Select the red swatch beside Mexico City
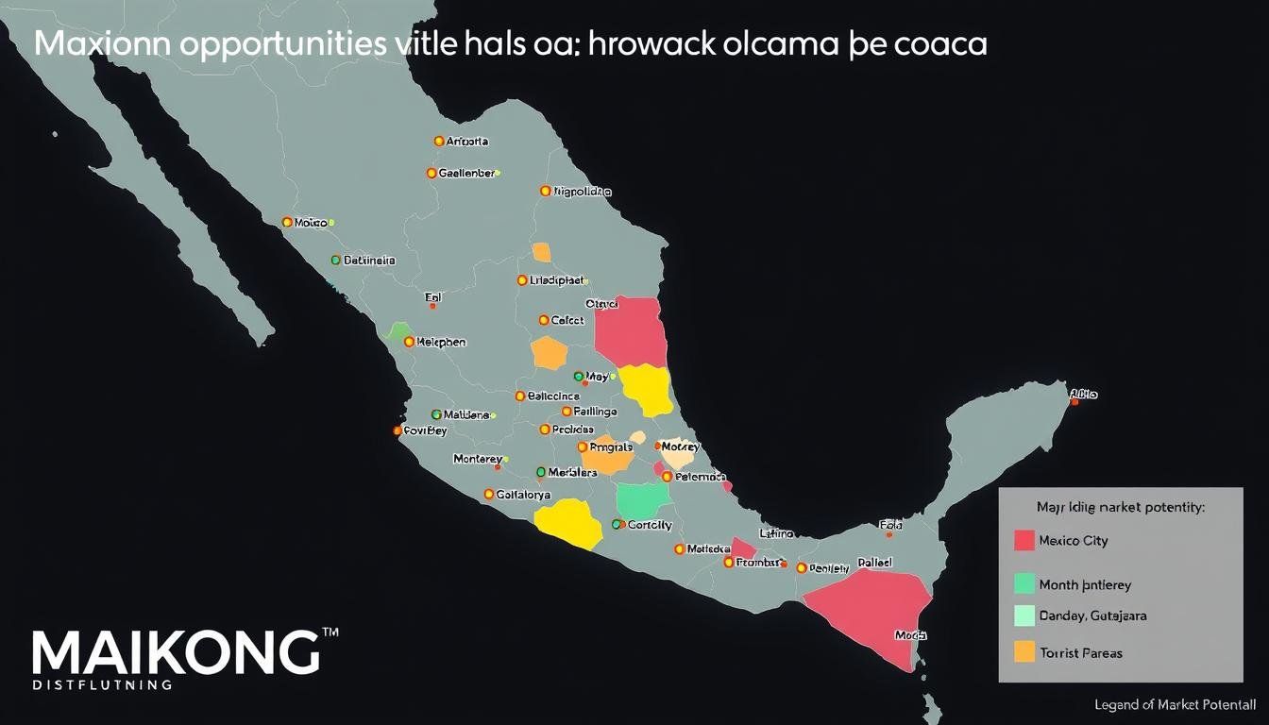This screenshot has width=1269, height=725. [1024, 540]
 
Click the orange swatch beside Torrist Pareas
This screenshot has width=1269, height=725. [1024, 651]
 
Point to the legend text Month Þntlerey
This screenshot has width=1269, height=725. [1085, 585]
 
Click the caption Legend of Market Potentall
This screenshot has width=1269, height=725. [1175, 705]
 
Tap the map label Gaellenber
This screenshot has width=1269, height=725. [466, 174]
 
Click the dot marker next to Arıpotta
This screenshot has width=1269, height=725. [439, 141]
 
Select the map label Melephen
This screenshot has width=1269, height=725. [441, 343]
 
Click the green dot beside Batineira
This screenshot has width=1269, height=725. [336, 260]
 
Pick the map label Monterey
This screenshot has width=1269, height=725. [478, 459]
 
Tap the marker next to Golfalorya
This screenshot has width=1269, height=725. [489, 494]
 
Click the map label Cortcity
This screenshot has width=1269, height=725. [650, 525]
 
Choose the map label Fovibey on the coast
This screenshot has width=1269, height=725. [425, 430]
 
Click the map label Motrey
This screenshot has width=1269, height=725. [681, 447]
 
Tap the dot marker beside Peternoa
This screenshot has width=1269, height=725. [667, 477]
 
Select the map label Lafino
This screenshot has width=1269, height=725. [776, 533]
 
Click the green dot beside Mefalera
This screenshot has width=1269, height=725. [540, 472]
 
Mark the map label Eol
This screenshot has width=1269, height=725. [433, 296]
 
